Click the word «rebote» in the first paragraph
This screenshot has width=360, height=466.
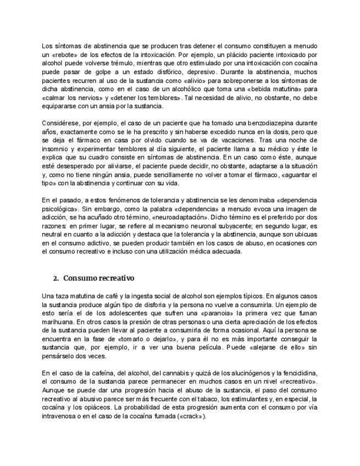(67, 56)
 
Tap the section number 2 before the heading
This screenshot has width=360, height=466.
(56, 278)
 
